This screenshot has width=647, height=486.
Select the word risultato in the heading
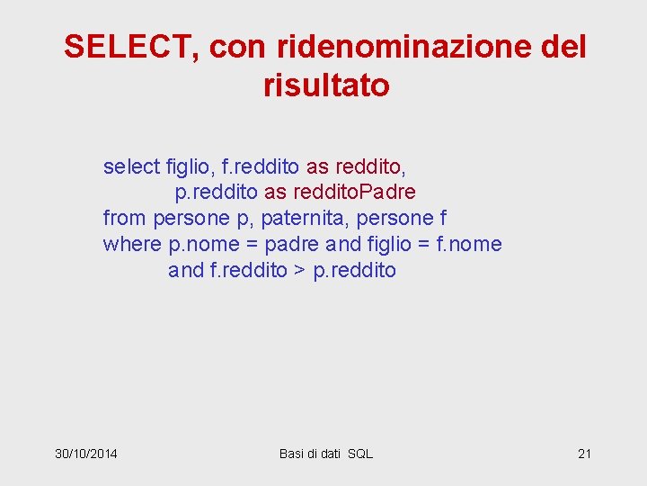(x=326, y=85)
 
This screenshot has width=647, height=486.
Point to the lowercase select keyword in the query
(x=131, y=166)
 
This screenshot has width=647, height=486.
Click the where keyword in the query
(x=132, y=245)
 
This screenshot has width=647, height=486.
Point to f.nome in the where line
(x=468, y=245)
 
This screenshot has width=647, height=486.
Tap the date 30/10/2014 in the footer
(x=86, y=454)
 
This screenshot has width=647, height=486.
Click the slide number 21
(x=584, y=454)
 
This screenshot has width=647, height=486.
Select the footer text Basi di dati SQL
(x=326, y=454)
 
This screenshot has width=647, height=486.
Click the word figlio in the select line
(x=189, y=166)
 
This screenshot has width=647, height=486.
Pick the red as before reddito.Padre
(x=275, y=193)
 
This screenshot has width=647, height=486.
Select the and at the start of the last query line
(x=186, y=271)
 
